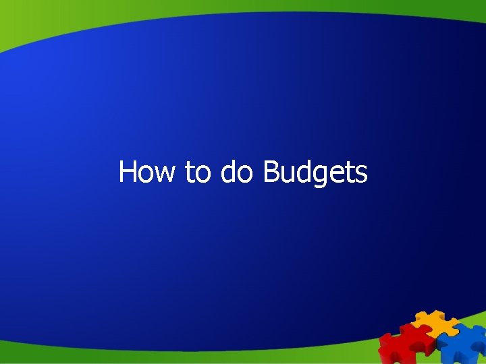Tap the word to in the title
(198, 173)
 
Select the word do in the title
(237, 172)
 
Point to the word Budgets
(315, 173)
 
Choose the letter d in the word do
(227, 172)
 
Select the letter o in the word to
(203, 174)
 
